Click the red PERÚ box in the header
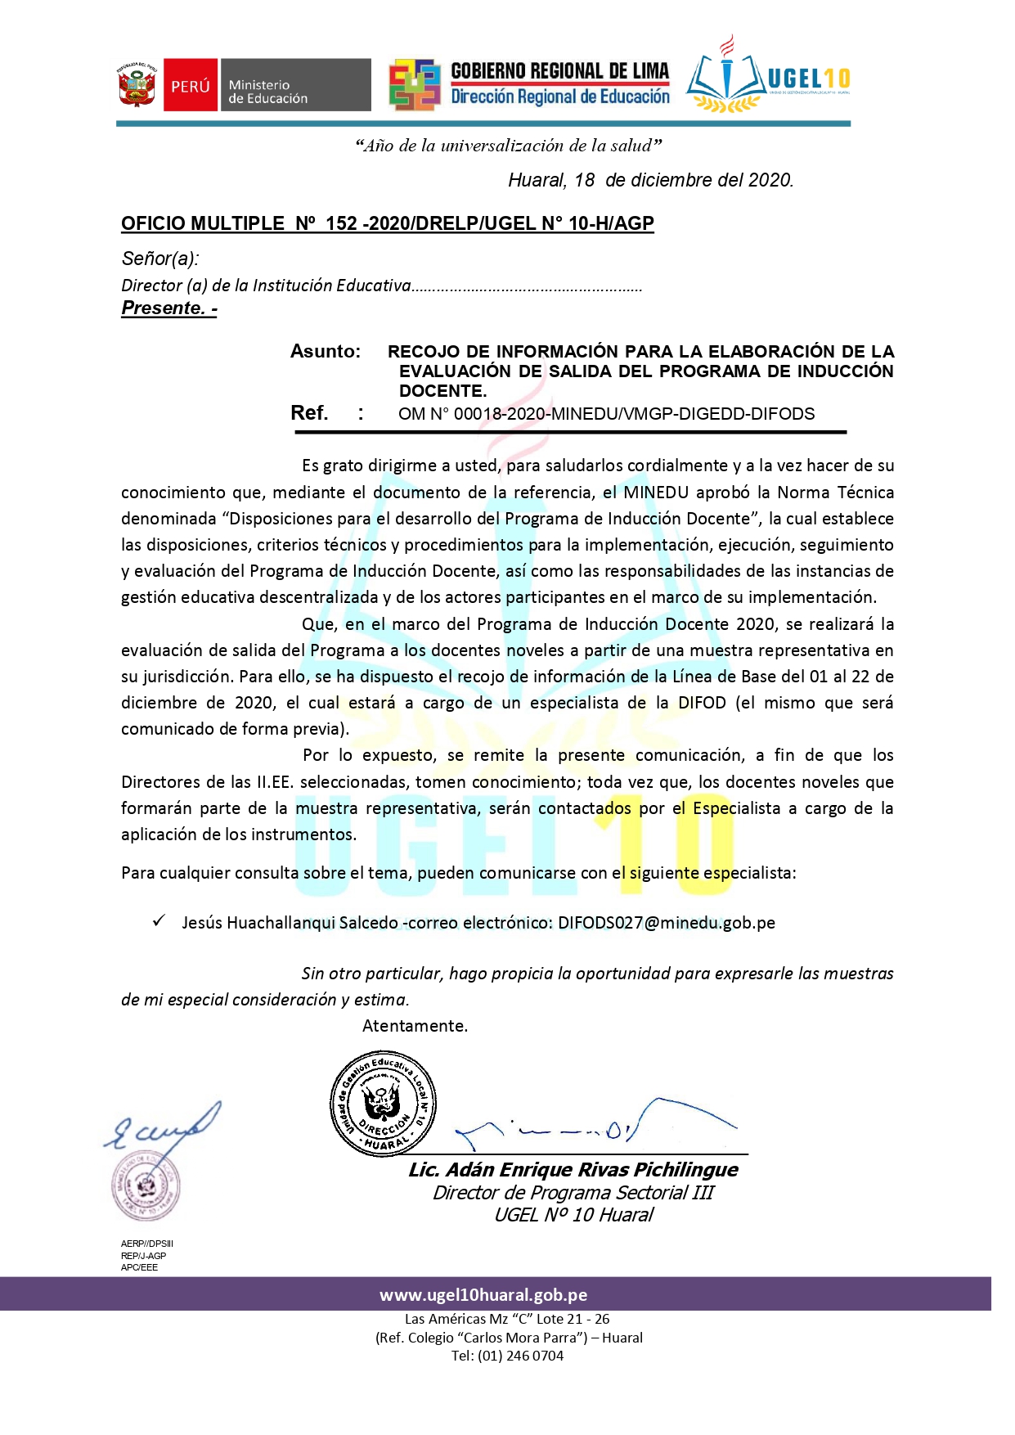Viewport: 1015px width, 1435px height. click(x=190, y=85)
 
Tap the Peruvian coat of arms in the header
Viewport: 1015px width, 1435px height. click(x=137, y=85)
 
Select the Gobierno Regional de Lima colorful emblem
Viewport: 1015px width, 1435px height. click(x=415, y=84)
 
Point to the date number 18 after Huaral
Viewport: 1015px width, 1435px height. click(x=584, y=180)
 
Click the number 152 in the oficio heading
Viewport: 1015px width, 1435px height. click(x=341, y=223)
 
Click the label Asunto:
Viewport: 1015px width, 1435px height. click(x=326, y=352)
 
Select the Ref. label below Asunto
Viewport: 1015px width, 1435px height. click(x=309, y=413)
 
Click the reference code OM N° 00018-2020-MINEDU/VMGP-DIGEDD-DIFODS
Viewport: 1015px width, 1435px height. click(x=606, y=414)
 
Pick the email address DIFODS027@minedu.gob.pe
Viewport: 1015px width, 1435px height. click(x=667, y=923)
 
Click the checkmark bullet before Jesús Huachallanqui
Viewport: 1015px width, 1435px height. click(x=159, y=921)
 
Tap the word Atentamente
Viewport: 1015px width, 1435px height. click(x=415, y=1026)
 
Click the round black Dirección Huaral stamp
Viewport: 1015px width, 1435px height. click(x=383, y=1104)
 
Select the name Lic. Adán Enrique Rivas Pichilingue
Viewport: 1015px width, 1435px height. click(x=573, y=1170)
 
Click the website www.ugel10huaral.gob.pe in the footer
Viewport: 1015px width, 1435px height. click(x=483, y=1295)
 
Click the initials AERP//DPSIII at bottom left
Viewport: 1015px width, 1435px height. click(x=147, y=1244)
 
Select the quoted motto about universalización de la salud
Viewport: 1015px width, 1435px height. click(x=508, y=146)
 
